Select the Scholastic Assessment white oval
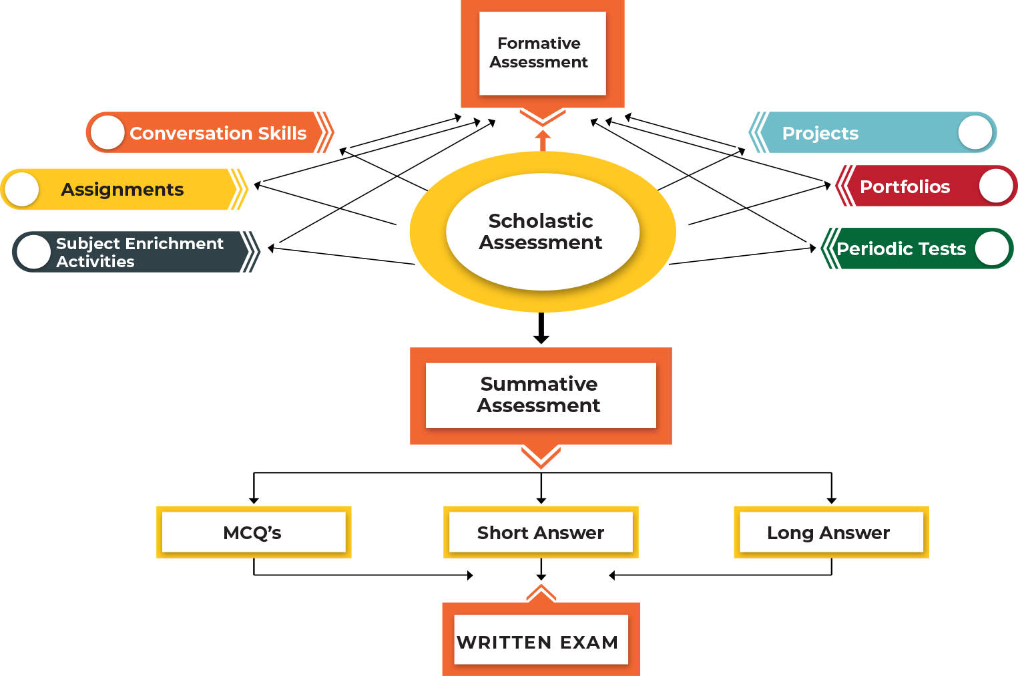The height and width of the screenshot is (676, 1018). [542, 231]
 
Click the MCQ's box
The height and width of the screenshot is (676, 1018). [254, 532]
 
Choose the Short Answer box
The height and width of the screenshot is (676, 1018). [541, 532]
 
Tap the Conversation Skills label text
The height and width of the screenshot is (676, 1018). [218, 133]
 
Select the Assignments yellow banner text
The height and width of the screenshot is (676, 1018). [122, 190]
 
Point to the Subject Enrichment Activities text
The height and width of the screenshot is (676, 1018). [139, 252]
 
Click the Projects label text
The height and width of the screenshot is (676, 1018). [820, 133]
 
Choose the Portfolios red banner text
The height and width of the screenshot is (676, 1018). [905, 186]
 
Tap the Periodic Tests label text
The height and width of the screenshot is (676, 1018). [901, 248]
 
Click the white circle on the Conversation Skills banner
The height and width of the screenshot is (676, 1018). [107, 132]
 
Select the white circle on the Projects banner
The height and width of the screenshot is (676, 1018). [975, 132]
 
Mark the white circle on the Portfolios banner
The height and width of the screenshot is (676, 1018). [996, 186]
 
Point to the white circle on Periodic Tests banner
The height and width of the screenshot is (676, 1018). [992, 248]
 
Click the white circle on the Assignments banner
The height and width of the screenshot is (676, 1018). [22, 189]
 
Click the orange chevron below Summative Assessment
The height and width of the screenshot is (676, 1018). [541, 457]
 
